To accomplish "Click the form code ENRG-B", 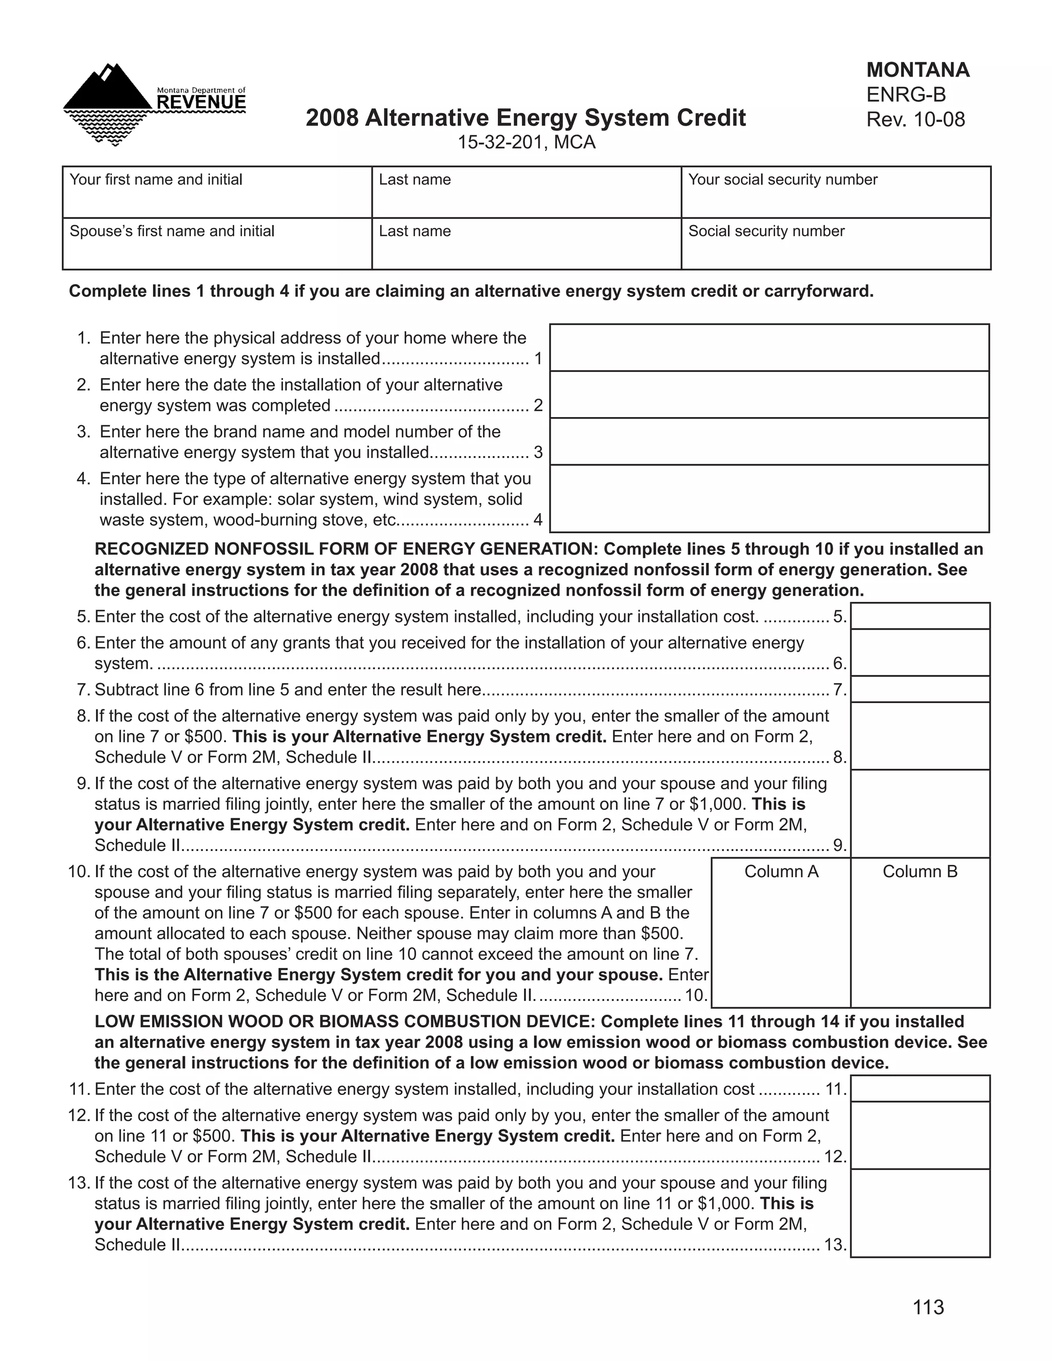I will coord(906,94).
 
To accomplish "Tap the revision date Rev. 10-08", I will coord(915,119).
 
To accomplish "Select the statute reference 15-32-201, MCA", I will coord(526,143).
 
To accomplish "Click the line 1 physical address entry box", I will coord(769,348).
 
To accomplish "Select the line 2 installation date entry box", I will coord(769,394).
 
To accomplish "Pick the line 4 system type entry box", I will coord(769,499).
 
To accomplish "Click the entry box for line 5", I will coord(920,616).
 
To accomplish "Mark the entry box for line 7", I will coord(920,689).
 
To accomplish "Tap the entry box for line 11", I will coord(920,1089).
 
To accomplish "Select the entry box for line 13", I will coord(920,1213).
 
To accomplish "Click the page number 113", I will coord(928,1307).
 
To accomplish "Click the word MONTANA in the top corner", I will coord(917,70).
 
